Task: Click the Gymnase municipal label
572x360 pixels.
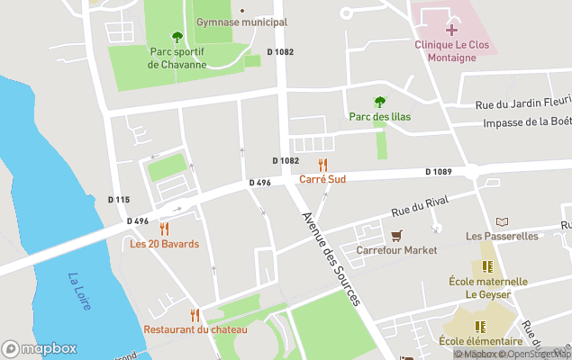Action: (241, 22)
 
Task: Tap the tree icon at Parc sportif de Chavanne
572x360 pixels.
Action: (177, 37)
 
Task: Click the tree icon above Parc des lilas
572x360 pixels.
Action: (379, 103)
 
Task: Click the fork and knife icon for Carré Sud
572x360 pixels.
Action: (322, 164)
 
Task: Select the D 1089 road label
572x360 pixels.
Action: (439, 172)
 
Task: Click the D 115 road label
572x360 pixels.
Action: (119, 200)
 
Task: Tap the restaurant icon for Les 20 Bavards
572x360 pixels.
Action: (164, 229)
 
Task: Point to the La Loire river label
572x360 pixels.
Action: (79, 292)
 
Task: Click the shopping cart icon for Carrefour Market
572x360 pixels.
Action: (396, 235)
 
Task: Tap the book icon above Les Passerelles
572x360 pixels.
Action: (502, 221)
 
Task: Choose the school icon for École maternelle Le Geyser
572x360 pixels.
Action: (487, 266)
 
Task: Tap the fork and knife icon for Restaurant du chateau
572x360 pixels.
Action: (195, 314)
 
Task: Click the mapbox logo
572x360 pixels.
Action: (40, 348)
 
